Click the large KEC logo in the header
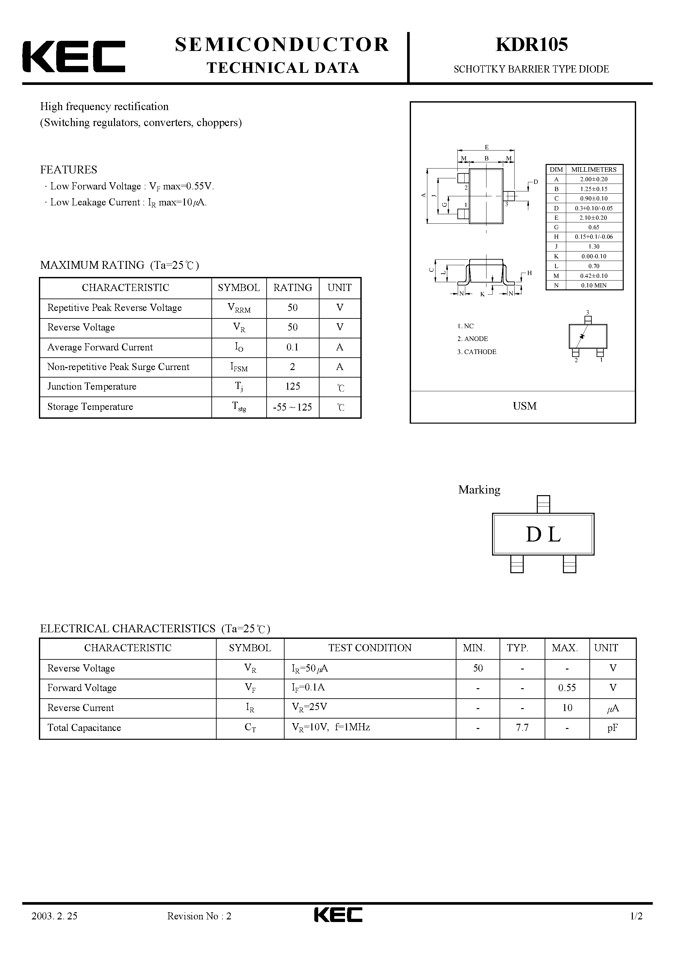pos(74,57)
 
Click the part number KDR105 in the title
pos(532,44)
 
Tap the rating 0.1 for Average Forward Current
pos(292,347)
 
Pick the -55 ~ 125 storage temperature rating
pos(292,407)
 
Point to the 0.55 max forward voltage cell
pos(567,688)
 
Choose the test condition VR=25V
pos(309,707)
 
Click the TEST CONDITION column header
pos(370,648)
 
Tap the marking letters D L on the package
pos(543,534)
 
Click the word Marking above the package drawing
pos(479,490)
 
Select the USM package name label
pos(524,406)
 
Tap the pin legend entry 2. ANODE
pos(472,339)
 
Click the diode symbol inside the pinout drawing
pos(582,336)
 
